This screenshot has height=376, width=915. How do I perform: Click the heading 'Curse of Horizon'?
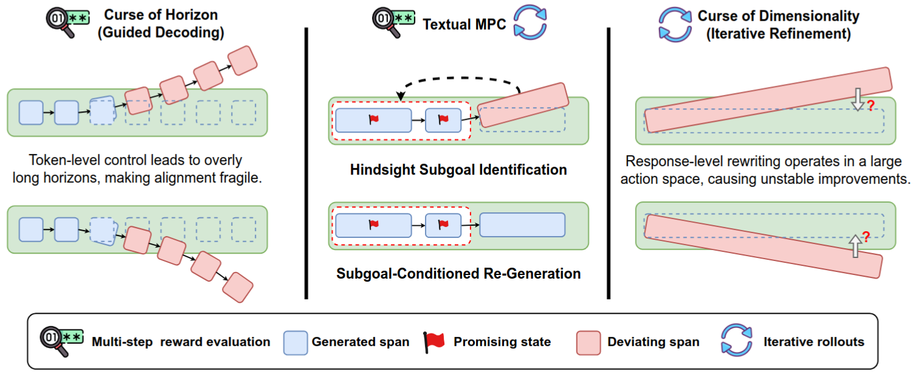point(161,15)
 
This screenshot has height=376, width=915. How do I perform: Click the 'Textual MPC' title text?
point(464,24)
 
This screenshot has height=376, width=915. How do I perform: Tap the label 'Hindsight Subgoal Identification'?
point(458,169)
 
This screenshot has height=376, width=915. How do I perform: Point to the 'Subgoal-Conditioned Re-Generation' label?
point(458,274)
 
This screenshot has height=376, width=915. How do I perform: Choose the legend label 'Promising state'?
point(502,342)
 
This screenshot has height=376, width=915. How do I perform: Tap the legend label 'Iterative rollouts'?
point(814,341)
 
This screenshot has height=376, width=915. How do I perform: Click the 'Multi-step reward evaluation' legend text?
point(181,342)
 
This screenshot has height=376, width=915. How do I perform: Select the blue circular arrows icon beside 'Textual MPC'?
point(531,24)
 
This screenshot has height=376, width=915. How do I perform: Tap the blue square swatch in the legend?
point(295,343)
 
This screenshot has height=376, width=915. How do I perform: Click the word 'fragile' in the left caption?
point(220,179)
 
